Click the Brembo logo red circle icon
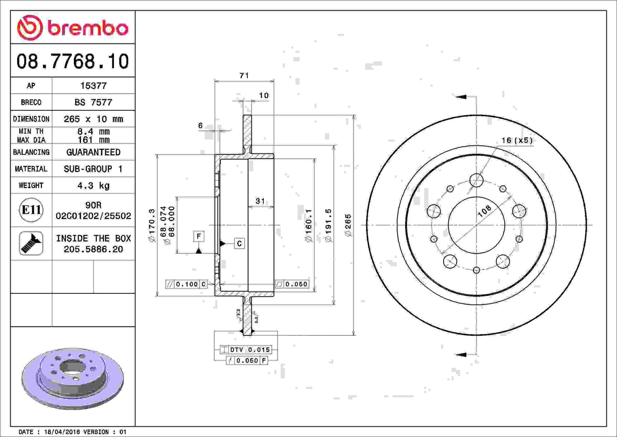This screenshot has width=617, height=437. point(30,28)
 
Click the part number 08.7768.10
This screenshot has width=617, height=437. point(73,62)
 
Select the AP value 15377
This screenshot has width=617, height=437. point(93,86)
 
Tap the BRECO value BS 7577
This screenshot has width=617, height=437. point(93,102)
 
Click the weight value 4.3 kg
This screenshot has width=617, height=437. point(93,186)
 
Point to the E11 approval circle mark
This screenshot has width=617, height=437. point(31,210)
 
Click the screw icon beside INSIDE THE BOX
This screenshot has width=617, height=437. point(31,243)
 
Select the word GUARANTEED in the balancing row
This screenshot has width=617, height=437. point(93,152)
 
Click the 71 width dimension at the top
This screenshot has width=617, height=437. point(244,76)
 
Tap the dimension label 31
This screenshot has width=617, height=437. point(260,201)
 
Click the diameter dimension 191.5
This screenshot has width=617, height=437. point(328,225)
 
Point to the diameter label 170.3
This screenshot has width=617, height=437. point(152,225)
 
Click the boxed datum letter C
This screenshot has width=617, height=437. point(239,243)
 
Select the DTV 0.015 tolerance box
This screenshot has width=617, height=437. point(246,350)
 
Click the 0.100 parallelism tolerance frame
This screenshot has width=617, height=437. point(187,284)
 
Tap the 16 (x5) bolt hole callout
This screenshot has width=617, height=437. point(517,140)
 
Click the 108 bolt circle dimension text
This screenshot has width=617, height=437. point(484,211)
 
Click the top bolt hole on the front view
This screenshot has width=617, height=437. point(477,180)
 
